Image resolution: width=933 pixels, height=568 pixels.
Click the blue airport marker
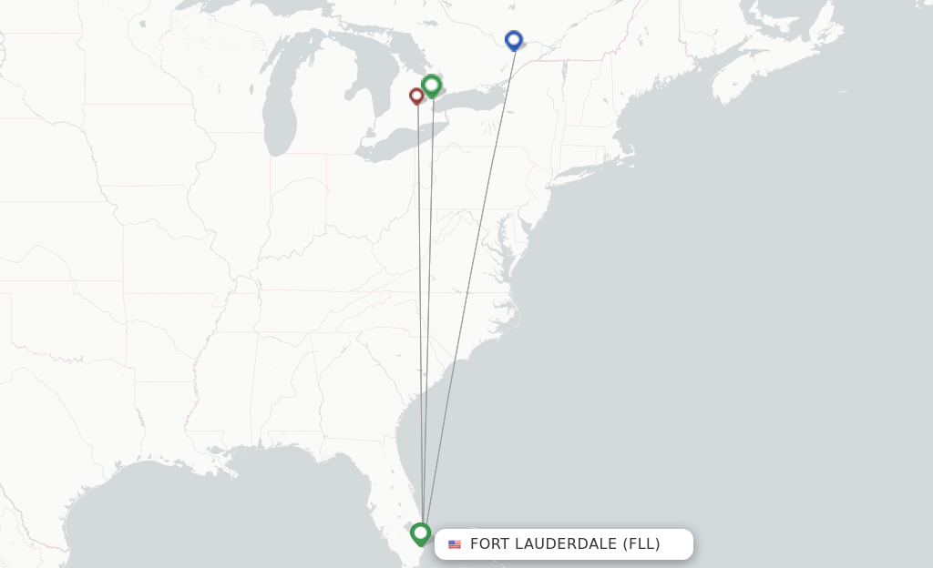(514, 40)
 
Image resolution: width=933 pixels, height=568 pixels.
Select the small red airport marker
(416, 95)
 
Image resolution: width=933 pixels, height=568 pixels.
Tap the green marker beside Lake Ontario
(432, 86)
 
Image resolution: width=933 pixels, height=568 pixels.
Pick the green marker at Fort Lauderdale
(420, 532)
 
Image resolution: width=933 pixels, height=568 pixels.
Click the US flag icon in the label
(455, 544)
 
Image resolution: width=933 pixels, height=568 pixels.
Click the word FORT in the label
(490, 544)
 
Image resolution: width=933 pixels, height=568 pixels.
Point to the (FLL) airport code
(641, 544)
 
